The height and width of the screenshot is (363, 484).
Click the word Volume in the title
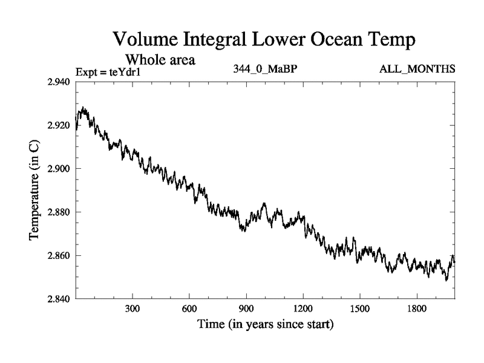(x=145, y=41)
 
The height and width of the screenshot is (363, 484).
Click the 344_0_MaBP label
(x=265, y=70)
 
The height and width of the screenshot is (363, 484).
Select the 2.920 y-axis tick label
(x=57, y=125)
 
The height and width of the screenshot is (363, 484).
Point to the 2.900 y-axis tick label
(x=57, y=168)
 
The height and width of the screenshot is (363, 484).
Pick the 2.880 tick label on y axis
(x=57, y=212)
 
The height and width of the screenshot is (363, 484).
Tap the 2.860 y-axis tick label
(x=57, y=255)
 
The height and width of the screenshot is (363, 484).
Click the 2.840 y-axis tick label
(x=57, y=299)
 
